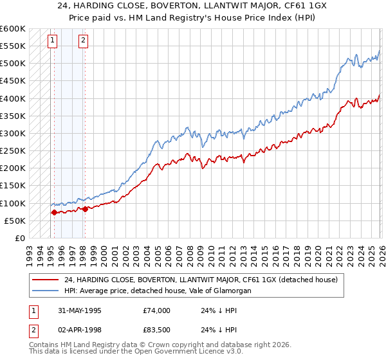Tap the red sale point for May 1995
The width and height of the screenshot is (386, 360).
coord(54,212)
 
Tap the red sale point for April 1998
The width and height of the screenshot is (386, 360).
coord(85,209)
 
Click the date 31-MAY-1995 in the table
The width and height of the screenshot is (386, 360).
coord(79,310)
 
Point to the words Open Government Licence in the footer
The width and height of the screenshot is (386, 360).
coord(172,353)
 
